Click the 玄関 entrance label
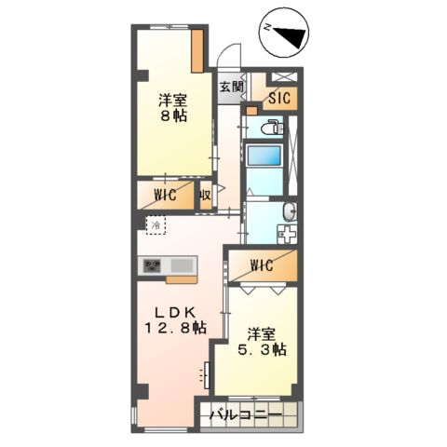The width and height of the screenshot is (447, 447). (231, 88)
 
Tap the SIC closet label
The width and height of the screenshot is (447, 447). (279, 97)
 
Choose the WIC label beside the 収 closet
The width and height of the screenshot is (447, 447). (167, 196)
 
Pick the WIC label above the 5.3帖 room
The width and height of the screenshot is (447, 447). (262, 266)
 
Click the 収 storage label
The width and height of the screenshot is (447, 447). (203, 196)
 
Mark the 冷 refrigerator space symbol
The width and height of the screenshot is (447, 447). (156, 225)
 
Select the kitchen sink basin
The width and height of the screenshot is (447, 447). (183, 266)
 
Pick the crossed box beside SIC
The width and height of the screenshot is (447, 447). (282, 78)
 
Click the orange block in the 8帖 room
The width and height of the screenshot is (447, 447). (198, 51)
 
